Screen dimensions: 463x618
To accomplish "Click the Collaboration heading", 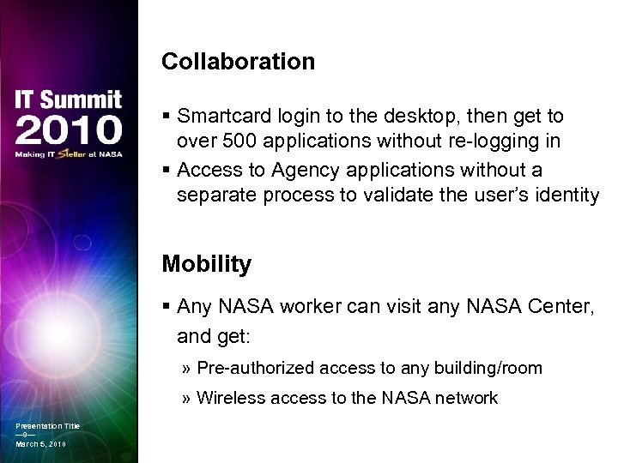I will click(238, 62).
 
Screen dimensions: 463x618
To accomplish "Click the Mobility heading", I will click(206, 264).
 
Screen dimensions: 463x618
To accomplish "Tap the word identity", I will click(567, 195).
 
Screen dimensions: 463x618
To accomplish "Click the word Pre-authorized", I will click(255, 369).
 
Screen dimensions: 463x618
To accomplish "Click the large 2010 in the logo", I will click(68, 131).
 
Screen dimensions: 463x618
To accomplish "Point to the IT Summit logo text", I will click(68, 99).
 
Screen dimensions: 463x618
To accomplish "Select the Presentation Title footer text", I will click(47, 426).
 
